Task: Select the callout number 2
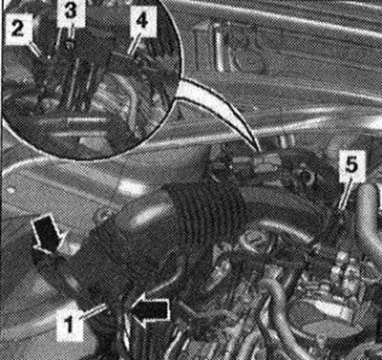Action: (x=18, y=29)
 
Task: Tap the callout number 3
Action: (x=70, y=11)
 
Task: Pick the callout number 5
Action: (x=351, y=165)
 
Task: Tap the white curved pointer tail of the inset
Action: (x=220, y=108)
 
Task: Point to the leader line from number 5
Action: (x=345, y=193)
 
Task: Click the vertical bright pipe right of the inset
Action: (x=219, y=48)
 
